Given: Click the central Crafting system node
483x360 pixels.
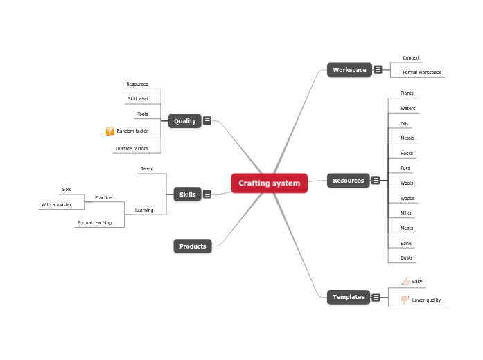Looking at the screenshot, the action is pyautogui.click(x=269, y=183).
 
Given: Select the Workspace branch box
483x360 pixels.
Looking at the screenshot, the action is pyautogui.click(x=349, y=70).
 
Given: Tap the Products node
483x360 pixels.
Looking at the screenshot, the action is pyautogui.click(x=193, y=246).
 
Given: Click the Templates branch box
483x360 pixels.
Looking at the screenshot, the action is pyautogui.click(x=348, y=297).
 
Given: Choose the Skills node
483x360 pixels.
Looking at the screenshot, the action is pyautogui.click(x=187, y=195).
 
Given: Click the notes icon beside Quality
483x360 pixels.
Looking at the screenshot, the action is pyautogui.click(x=207, y=121).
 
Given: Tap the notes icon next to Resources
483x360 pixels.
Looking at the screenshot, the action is pyautogui.click(x=376, y=181).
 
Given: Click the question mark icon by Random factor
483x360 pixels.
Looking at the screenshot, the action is pyautogui.click(x=109, y=131).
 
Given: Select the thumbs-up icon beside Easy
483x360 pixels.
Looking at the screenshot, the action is pyautogui.click(x=405, y=281).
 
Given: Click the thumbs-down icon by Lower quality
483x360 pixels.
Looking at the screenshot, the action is pyautogui.click(x=405, y=300).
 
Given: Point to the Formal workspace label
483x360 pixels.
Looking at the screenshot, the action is pyautogui.click(x=421, y=73).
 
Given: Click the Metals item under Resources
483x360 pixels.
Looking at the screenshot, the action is pyautogui.click(x=407, y=138).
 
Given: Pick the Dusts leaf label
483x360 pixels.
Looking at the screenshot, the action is pyautogui.click(x=406, y=258).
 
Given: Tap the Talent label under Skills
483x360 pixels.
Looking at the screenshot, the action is pyautogui.click(x=147, y=169).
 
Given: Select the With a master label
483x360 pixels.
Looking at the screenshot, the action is pyautogui.click(x=56, y=205).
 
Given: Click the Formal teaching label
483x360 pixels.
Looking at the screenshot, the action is pyautogui.click(x=94, y=223).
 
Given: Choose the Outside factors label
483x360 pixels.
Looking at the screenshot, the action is pyautogui.click(x=132, y=149).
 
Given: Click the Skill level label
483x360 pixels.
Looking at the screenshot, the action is pyautogui.click(x=137, y=99).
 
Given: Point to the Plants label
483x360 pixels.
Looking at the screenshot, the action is pyautogui.click(x=407, y=93).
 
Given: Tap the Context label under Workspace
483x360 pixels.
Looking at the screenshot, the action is pyautogui.click(x=411, y=58).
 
